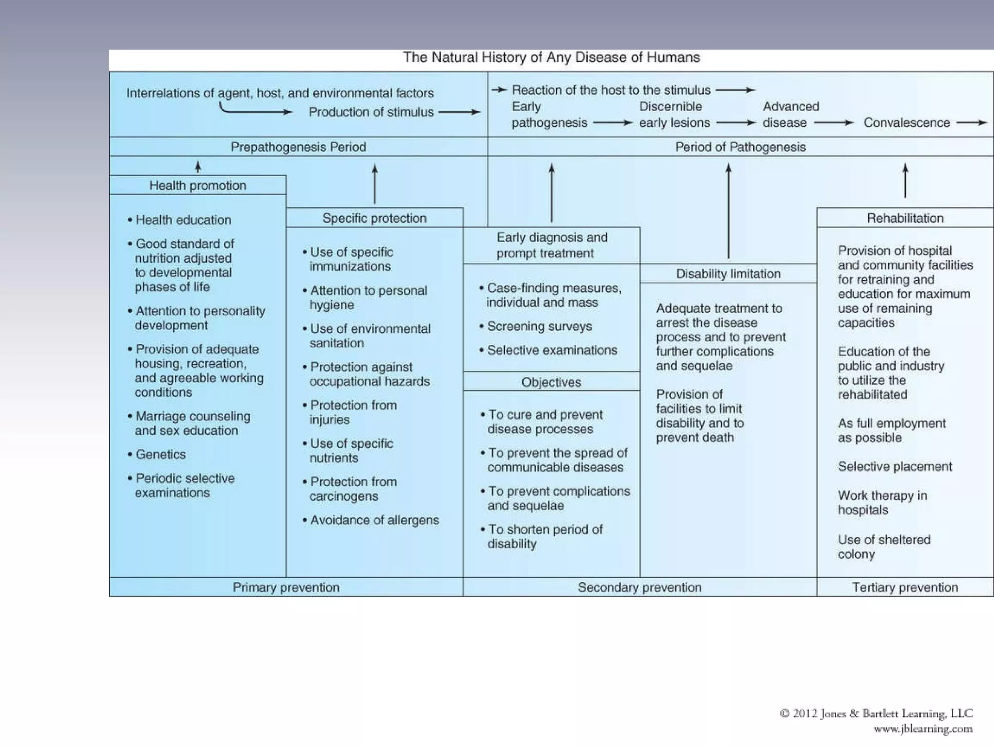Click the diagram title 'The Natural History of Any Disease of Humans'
tap(551, 58)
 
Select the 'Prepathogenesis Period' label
tap(298, 147)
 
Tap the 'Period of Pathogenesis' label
tap(740, 147)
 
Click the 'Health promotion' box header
tap(198, 186)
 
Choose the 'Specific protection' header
tap(374, 218)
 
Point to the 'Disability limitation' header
tap(728, 274)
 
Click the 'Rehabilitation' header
tap(905, 218)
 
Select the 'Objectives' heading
tap(551, 382)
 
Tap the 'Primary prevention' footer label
tap(286, 587)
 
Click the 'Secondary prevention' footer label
tap(640, 587)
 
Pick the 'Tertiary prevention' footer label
tap(905, 587)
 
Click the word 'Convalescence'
tap(907, 123)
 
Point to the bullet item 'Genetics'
tap(161, 455)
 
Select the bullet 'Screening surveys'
tap(539, 326)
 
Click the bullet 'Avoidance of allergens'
tap(374, 520)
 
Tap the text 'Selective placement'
tap(895, 467)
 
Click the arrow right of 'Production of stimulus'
tap(459, 112)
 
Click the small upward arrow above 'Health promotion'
tap(198, 167)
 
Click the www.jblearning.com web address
tap(923, 729)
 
